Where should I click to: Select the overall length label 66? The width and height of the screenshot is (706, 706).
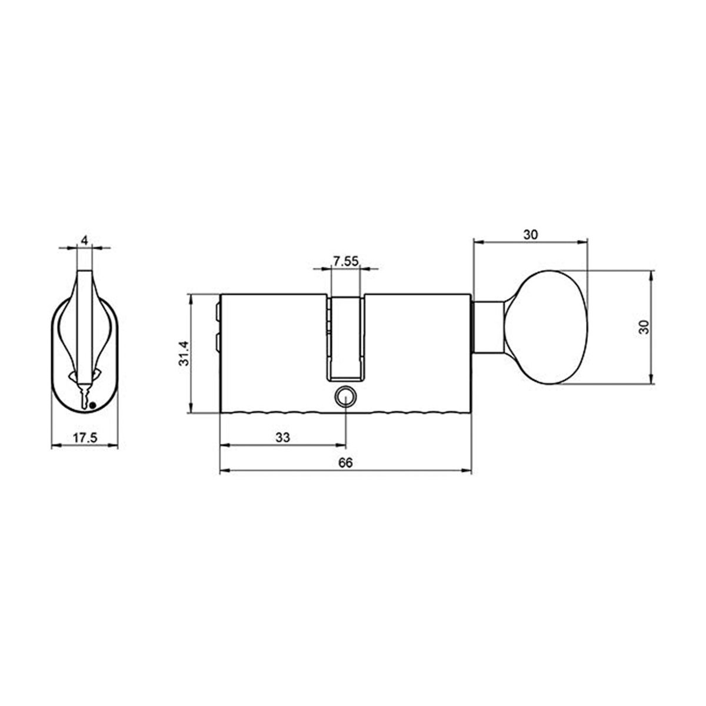(345, 463)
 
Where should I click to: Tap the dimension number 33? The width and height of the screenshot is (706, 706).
(283, 438)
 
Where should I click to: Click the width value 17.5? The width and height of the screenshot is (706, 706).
(84, 438)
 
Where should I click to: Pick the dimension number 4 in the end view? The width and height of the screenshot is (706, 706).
(84, 241)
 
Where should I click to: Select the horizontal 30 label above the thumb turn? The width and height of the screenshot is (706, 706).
(530, 234)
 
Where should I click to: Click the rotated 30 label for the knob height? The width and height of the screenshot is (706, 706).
(643, 327)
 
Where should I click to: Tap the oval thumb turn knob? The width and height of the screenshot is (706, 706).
(553, 327)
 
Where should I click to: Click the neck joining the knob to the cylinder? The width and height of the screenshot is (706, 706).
(488, 327)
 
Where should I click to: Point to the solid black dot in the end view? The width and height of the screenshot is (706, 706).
(92, 404)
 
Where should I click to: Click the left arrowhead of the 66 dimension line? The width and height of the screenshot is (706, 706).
(222, 471)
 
